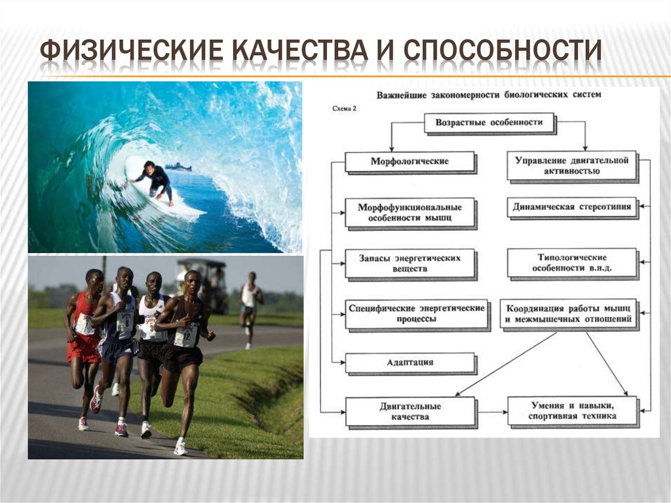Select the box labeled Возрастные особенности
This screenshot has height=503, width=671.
coord(489,123)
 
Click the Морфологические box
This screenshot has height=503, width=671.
coord(410,161)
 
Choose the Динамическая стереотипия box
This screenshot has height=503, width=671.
coord(572,207)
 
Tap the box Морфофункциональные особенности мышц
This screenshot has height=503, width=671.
coord(410,212)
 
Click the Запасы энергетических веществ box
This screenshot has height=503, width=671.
coord(410,263)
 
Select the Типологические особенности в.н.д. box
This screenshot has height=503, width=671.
coord(571,262)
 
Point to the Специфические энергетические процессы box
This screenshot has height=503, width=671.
coord(417,313)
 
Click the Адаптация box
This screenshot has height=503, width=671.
coord(410,363)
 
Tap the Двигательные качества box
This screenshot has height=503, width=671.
coord(410,411)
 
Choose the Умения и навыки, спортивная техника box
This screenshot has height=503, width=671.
coord(571,411)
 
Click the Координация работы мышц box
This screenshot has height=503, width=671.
coord(567,313)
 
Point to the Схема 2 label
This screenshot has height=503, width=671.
coord(345,109)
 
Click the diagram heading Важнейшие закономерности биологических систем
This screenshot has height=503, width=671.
coord(488,95)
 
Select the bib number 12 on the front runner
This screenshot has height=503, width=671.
coord(185,336)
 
